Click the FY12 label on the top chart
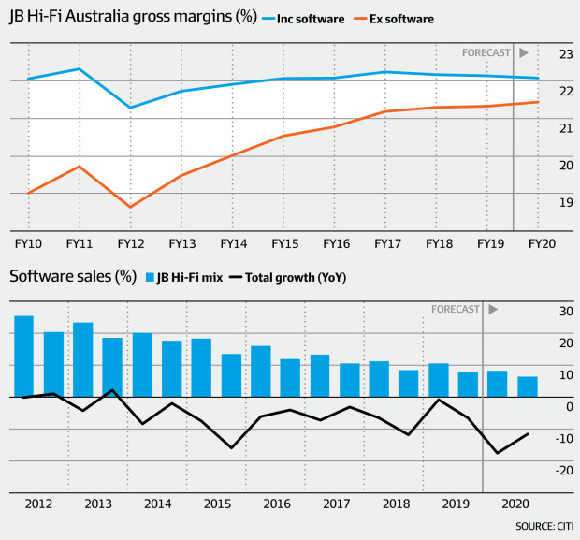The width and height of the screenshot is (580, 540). [131, 244]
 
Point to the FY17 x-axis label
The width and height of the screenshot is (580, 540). [387, 244]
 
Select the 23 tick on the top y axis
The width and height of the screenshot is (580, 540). [565, 53]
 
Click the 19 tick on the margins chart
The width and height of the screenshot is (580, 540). [565, 202]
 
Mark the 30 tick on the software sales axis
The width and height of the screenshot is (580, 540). [565, 311]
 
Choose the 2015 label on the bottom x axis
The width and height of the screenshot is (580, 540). [218, 504]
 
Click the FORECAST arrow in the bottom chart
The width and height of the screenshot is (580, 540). [493, 309]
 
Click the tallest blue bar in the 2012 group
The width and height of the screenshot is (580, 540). [23, 356]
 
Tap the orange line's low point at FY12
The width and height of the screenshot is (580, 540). [131, 207]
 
